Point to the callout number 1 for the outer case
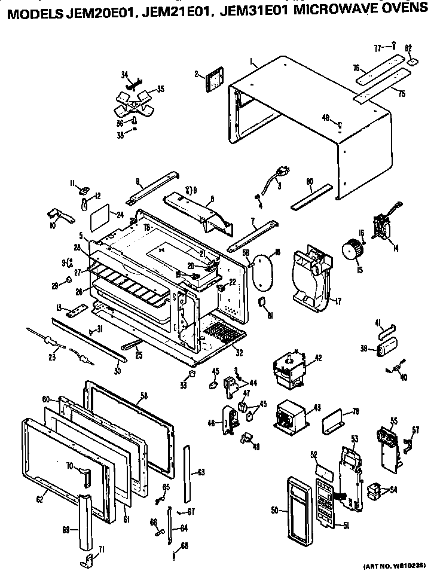coord(252,62)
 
